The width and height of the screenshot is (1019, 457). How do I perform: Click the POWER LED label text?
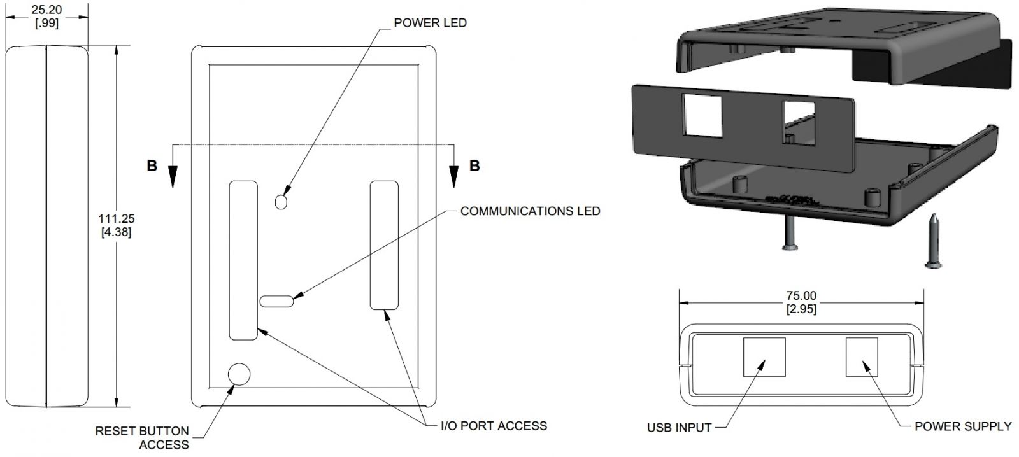point(430,23)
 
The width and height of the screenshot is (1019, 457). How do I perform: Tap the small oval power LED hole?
point(281,201)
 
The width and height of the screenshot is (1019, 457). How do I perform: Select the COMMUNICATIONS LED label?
point(530,211)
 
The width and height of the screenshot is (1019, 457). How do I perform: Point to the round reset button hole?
point(239,374)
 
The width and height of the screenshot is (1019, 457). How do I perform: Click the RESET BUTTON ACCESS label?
point(142,437)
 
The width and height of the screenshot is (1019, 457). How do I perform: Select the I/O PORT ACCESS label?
point(494,425)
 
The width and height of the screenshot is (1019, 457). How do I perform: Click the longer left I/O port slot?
point(243,260)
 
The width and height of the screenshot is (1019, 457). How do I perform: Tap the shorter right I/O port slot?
point(384,245)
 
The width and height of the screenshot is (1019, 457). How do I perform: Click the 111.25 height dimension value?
point(117,218)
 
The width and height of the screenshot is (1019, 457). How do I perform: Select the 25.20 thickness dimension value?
point(46,10)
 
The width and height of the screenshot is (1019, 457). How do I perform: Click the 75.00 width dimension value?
point(801,295)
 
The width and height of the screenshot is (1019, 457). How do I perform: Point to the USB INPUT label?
point(679,428)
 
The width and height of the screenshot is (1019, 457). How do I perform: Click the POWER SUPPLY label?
point(963,426)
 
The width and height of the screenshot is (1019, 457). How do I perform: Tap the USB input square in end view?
point(764,357)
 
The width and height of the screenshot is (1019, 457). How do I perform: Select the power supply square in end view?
point(861,357)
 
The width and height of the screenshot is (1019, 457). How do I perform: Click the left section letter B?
point(152,166)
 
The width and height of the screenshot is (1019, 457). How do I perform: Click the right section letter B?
point(474,166)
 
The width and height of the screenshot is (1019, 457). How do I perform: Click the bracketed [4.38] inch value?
point(117,232)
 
